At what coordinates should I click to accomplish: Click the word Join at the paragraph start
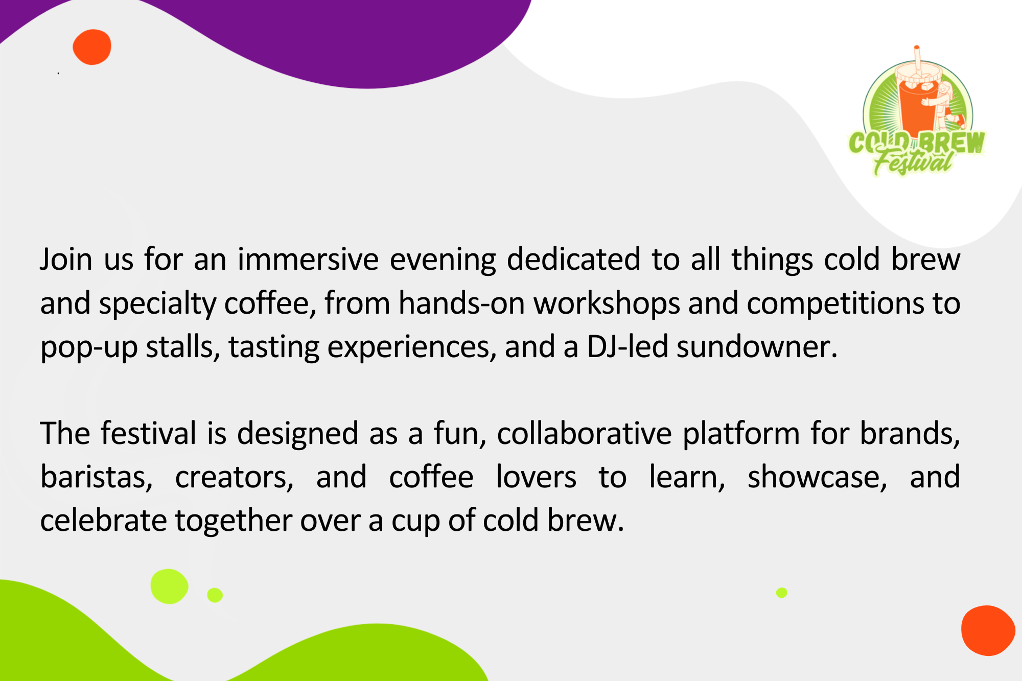tap(66, 259)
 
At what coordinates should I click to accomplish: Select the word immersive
tap(308, 259)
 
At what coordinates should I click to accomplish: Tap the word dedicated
tap(573, 259)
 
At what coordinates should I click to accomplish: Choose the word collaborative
tap(584, 433)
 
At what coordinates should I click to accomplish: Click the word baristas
tap(97, 477)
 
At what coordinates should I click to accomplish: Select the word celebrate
tap(104, 520)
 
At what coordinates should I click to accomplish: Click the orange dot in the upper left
tap(92, 47)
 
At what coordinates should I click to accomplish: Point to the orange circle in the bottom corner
tap(988, 630)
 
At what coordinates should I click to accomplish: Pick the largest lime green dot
tap(169, 586)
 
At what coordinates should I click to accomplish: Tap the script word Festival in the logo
tap(913, 162)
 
